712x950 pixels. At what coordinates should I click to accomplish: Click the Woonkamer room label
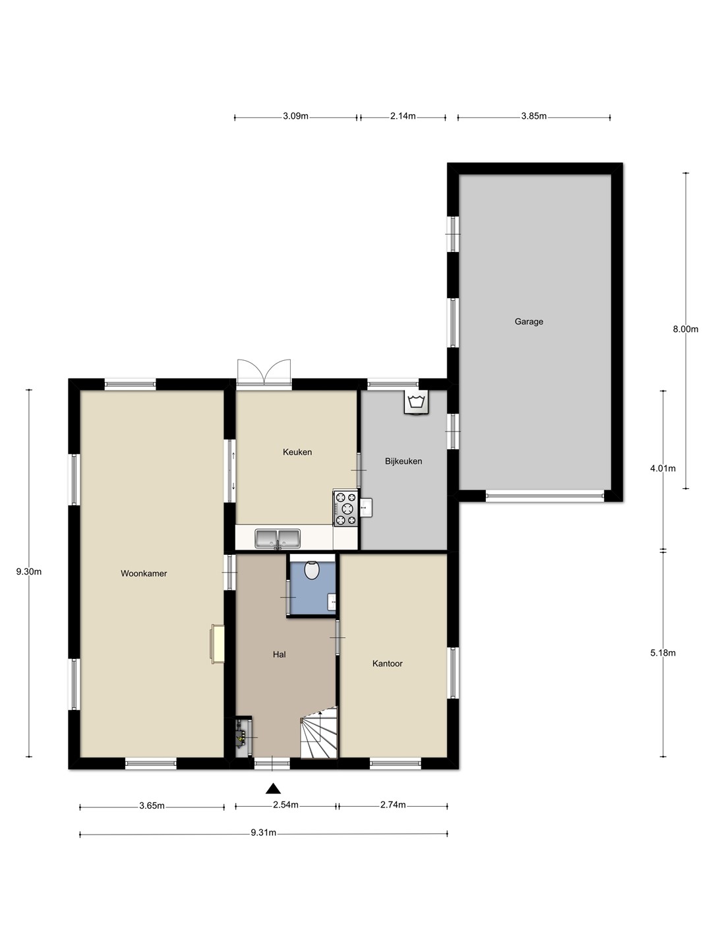click(144, 573)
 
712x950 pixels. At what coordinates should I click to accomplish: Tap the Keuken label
click(297, 452)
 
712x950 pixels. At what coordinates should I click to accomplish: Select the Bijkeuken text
click(403, 461)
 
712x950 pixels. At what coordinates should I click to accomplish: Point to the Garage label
click(529, 321)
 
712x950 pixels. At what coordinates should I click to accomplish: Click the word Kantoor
click(388, 664)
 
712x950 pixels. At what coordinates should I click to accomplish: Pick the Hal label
click(280, 654)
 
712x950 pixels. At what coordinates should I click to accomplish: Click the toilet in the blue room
click(312, 570)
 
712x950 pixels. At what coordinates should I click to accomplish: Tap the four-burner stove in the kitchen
click(345, 508)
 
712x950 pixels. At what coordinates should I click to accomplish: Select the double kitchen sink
click(277, 538)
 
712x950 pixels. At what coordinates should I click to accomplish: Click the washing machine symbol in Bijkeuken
click(417, 402)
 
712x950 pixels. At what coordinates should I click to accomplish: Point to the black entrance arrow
click(273, 789)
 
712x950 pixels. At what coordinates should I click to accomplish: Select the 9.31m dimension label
click(263, 833)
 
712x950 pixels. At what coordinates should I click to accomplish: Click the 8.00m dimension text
click(685, 329)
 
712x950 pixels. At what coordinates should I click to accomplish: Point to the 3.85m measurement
click(534, 116)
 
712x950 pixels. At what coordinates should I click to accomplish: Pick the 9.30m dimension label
click(29, 572)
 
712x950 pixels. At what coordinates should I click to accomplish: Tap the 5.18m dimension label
click(663, 653)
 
